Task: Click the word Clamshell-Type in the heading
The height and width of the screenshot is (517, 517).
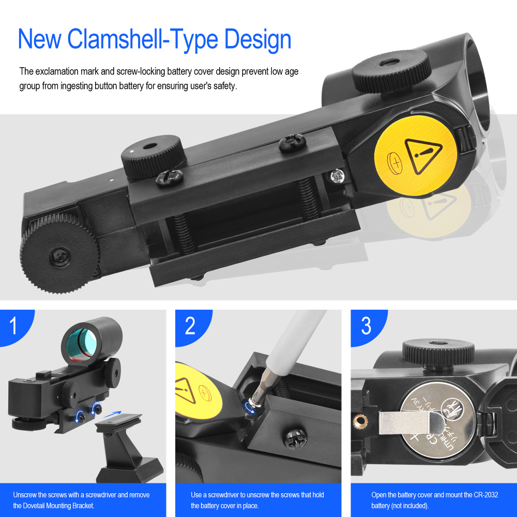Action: [x=142, y=40]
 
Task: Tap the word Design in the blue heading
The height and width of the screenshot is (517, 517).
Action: [x=258, y=39]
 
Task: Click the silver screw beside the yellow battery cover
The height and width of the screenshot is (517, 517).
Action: [x=337, y=176]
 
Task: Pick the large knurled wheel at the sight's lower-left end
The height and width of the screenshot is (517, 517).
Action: [x=59, y=253]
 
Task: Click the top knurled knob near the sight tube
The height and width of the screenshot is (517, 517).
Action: [x=392, y=70]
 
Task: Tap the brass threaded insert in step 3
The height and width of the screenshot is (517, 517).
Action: [x=360, y=421]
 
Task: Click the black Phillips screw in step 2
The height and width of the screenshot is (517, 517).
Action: [x=295, y=438]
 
